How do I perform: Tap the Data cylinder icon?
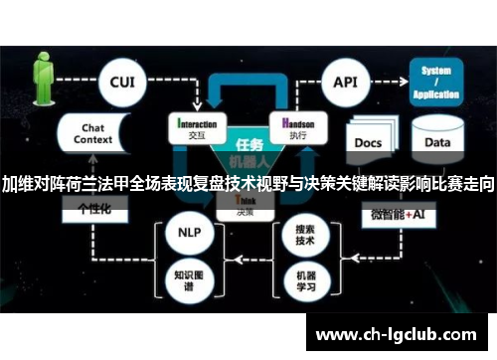click(x=437, y=141)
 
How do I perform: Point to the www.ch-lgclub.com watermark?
click(x=408, y=334)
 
